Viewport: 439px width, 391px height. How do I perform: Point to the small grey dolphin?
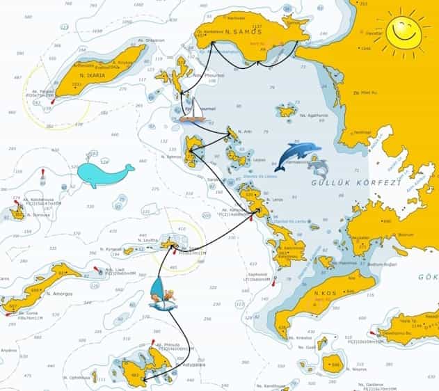(x=319, y=167)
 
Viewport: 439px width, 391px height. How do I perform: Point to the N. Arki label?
(x=244, y=131)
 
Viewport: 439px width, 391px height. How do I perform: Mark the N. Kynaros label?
(x=113, y=249)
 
